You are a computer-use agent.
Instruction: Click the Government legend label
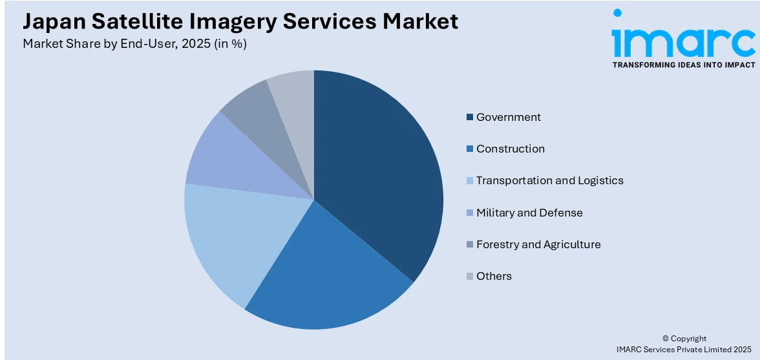pyautogui.click(x=508, y=117)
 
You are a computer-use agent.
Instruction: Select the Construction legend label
pyautogui.click(x=510, y=149)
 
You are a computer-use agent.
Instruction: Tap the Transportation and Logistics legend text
pyautogui.click(x=549, y=180)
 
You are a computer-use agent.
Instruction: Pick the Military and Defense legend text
pyautogui.click(x=529, y=213)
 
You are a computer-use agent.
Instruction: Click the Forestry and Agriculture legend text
pyautogui.click(x=538, y=244)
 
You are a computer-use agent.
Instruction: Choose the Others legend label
pyautogui.click(x=494, y=276)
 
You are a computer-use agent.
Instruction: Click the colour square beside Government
pyautogui.click(x=469, y=118)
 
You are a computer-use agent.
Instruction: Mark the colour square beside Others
pyautogui.click(x=469, y=277)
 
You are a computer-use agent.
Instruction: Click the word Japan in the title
pyautogui.click(x=55, y=21)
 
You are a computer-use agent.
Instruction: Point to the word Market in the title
pyautogui.click(x=420, y=21)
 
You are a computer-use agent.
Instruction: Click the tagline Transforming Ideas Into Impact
pyautogui.click(x=683, y=65)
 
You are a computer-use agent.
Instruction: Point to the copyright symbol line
pyautogui.click(x=684, y=338)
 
